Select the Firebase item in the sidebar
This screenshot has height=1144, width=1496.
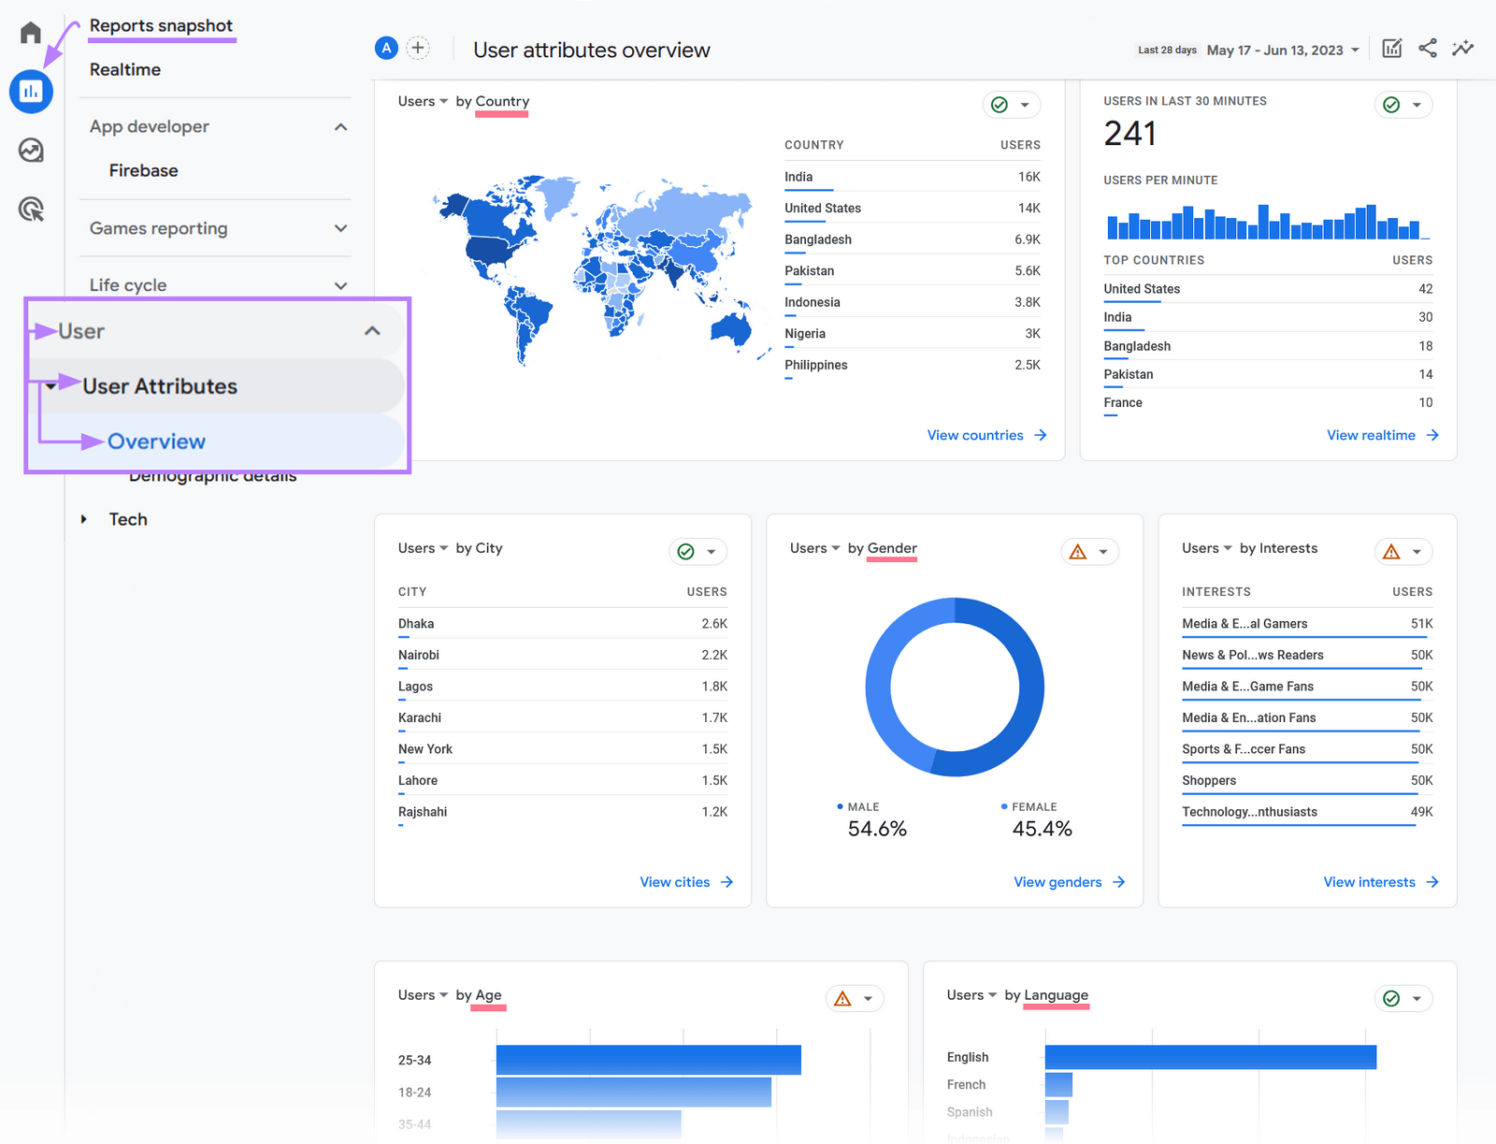143,170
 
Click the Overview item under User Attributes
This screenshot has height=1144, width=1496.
156,442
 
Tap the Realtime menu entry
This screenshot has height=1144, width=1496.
125,69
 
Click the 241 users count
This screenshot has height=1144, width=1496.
1129,134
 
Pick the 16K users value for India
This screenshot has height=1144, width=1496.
1028,177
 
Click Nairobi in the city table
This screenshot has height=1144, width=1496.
419,655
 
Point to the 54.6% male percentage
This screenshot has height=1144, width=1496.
876,829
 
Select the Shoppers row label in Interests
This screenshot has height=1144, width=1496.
1208,780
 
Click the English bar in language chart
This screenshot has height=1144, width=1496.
1210,1057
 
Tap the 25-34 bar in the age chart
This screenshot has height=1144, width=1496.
648,1060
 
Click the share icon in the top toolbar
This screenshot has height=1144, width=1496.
1427,49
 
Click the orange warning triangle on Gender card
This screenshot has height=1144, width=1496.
1078,552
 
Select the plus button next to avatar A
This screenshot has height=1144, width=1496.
418,48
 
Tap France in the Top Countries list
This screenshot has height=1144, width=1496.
1123,402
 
